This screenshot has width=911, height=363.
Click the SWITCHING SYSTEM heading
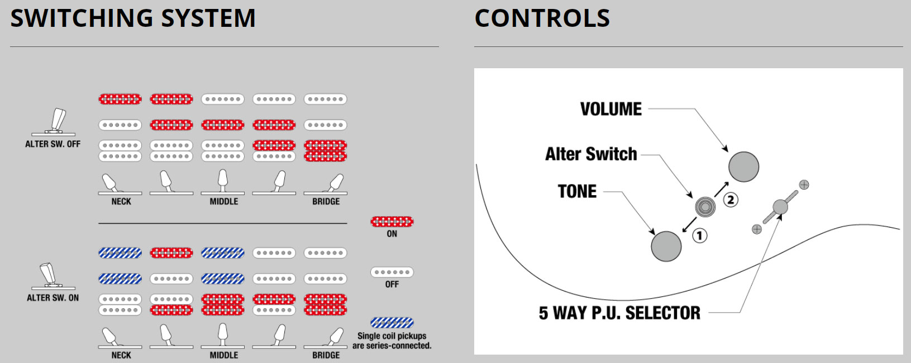pos(133,18)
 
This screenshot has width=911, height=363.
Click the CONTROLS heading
pos(542,18)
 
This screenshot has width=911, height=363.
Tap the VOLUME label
pos(611,109)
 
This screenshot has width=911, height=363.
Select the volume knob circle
pos(743,167)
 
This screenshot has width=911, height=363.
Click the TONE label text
pos(577,191)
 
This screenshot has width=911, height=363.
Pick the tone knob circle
pos(666,246)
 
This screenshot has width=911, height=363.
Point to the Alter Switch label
pos(591,154)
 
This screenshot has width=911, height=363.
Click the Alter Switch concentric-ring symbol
pos(705,207)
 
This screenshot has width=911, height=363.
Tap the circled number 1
pos(699,235)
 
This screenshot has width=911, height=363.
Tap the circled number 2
pos(731,200)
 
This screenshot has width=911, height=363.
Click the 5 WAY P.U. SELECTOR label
pos(619,313)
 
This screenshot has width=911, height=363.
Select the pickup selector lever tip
pos(780,207)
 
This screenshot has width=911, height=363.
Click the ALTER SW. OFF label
pos(53,144)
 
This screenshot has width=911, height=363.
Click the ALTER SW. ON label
pos(53,298)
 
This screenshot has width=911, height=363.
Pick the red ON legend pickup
pos(392,221)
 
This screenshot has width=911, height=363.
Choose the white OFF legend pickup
pos(392,272)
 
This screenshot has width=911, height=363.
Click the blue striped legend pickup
pos(392,323)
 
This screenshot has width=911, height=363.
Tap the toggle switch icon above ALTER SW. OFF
pos(53,122)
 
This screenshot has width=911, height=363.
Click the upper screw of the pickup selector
pos(804,185)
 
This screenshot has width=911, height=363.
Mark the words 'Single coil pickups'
pos(392,336)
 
